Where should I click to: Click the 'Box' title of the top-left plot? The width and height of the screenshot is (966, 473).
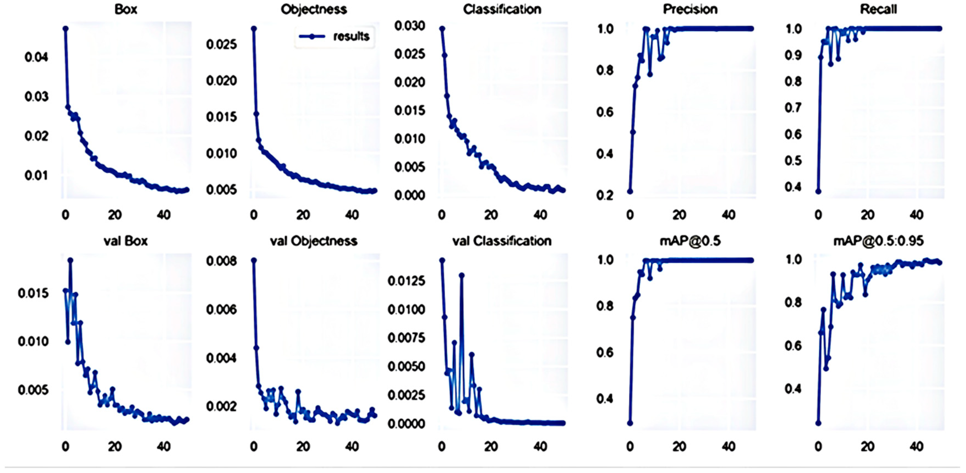(x=126, y=9)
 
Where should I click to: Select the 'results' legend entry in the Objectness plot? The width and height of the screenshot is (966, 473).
(x=351, y=36)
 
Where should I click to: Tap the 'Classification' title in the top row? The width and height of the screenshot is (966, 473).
(x=502, y=9)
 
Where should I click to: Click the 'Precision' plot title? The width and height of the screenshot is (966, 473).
(x=690, y=9)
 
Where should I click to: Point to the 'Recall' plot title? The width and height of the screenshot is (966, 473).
(x=878, y=9)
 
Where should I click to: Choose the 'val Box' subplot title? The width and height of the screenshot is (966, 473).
(x=126, y=241)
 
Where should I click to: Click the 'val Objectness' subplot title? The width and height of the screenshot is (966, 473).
(x=313, y=241)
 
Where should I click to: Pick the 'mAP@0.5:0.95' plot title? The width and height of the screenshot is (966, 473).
(x=878, y=241)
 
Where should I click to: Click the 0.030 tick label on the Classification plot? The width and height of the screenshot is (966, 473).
(x=409, y=26)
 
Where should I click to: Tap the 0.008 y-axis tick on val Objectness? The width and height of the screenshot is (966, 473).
(x=221, y=261)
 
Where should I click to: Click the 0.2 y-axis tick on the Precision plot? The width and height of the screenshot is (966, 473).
(x=604, y=195)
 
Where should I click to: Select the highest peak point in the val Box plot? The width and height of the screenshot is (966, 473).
(x=70, y=260)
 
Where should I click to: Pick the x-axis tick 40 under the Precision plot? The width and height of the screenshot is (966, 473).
(x=728, y=215)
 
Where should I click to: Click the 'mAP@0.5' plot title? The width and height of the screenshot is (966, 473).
(x=690, y=241)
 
